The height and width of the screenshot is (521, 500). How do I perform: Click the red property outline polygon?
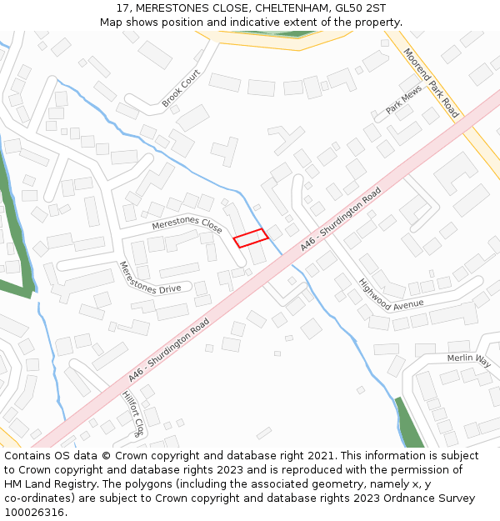[251, 238]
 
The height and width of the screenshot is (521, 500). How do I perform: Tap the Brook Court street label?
[182, 89]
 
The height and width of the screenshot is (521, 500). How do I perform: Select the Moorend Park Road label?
[431, 83]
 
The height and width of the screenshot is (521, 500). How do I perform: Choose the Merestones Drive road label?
[149, 277]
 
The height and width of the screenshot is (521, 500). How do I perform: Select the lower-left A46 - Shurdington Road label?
[168, 353]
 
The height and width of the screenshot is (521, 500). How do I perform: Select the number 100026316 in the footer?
[35, 513]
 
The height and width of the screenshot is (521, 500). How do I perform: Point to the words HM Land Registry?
[50, 484]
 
